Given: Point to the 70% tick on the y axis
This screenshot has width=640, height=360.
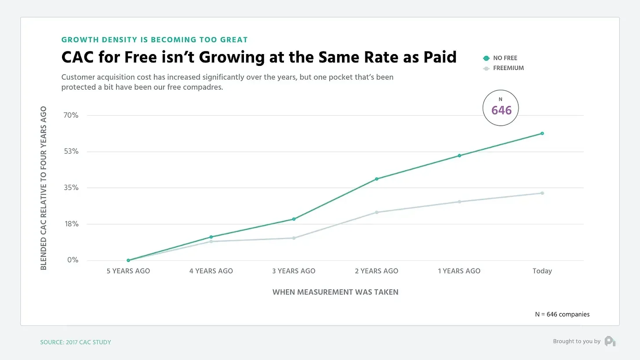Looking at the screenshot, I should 71,115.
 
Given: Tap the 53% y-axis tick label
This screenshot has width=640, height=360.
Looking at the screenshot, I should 71,152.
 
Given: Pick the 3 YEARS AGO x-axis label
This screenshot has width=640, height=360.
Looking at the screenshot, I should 294,271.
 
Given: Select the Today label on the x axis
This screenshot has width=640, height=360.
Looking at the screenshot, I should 542,271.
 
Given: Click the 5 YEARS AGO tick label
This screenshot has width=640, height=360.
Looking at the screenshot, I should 128,271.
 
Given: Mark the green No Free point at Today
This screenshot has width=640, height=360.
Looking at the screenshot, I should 542,133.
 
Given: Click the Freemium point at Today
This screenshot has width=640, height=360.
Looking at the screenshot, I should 542,193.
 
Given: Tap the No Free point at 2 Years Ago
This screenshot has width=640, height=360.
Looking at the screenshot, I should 377,179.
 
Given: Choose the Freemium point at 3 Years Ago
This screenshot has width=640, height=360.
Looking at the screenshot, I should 294,238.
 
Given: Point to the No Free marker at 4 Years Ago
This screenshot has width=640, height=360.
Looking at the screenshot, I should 211,237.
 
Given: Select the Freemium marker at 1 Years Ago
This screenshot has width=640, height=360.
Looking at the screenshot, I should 459,202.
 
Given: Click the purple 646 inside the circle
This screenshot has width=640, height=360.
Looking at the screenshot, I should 501,110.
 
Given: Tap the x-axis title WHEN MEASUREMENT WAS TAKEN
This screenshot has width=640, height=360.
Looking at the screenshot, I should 335,292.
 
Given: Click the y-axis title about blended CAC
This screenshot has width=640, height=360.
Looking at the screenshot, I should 44,188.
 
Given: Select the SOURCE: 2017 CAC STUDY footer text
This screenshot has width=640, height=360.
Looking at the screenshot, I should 76,342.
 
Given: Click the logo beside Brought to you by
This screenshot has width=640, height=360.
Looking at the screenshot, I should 610,341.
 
